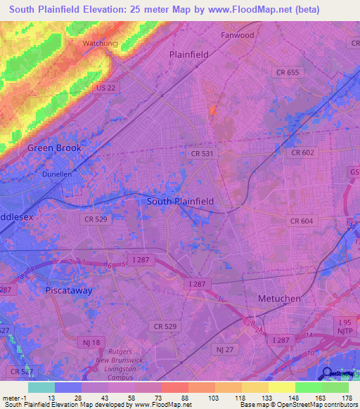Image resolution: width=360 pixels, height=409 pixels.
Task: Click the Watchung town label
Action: click(99, 43)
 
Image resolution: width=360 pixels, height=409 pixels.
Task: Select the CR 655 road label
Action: click(287, 72)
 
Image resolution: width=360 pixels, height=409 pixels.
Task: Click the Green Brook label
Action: click(54, 148)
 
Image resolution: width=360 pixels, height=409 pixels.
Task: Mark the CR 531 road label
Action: click(201, 153)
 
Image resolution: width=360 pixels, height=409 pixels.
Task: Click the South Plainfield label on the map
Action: click(180, 201)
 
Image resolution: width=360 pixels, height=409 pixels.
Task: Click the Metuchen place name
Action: click(278, 299)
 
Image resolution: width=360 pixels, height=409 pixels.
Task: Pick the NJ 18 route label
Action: click(90, 342)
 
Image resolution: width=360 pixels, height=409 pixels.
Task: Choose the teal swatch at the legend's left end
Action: click(41, 387)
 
